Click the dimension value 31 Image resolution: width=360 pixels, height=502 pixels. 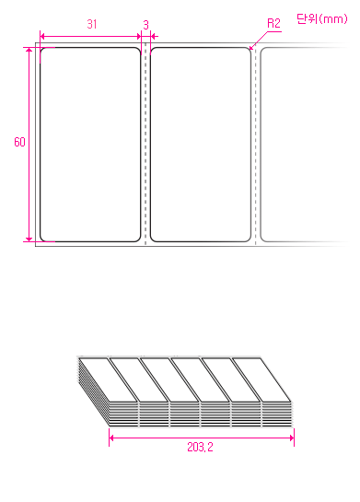tap(92, 24)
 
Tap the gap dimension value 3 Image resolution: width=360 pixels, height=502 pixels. tap(145, 25)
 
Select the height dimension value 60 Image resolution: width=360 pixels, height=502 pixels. tap(19, 142)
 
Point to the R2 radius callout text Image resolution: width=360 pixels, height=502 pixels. tap(273, 23)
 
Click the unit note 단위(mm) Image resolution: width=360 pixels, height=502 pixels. tap(322, 19)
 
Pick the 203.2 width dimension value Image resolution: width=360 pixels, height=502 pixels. tap(200, 447)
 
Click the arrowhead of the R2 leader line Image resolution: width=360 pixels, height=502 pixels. tap(250, 48)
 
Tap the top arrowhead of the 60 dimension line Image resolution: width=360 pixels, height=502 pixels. tap(29, 51)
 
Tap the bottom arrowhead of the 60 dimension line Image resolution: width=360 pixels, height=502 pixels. tap(29, 239)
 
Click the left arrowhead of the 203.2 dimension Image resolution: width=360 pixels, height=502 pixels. tap(111, 438)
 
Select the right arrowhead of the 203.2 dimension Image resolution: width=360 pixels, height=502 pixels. tap(292, 438)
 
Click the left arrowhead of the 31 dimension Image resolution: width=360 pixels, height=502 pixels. tap(42, 36)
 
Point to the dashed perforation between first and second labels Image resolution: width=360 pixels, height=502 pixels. tap(145, 144)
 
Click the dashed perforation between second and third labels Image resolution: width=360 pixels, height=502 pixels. tap(255, 144)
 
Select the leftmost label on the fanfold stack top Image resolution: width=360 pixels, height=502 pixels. tap(108, 379)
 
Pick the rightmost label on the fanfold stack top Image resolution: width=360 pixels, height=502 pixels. tap(261, 379)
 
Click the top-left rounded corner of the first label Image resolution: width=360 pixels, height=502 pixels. tap(41, 50)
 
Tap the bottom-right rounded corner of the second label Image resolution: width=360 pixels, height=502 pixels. tap(250, 240)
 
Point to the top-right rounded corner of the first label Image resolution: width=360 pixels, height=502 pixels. tap(139, 50)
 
